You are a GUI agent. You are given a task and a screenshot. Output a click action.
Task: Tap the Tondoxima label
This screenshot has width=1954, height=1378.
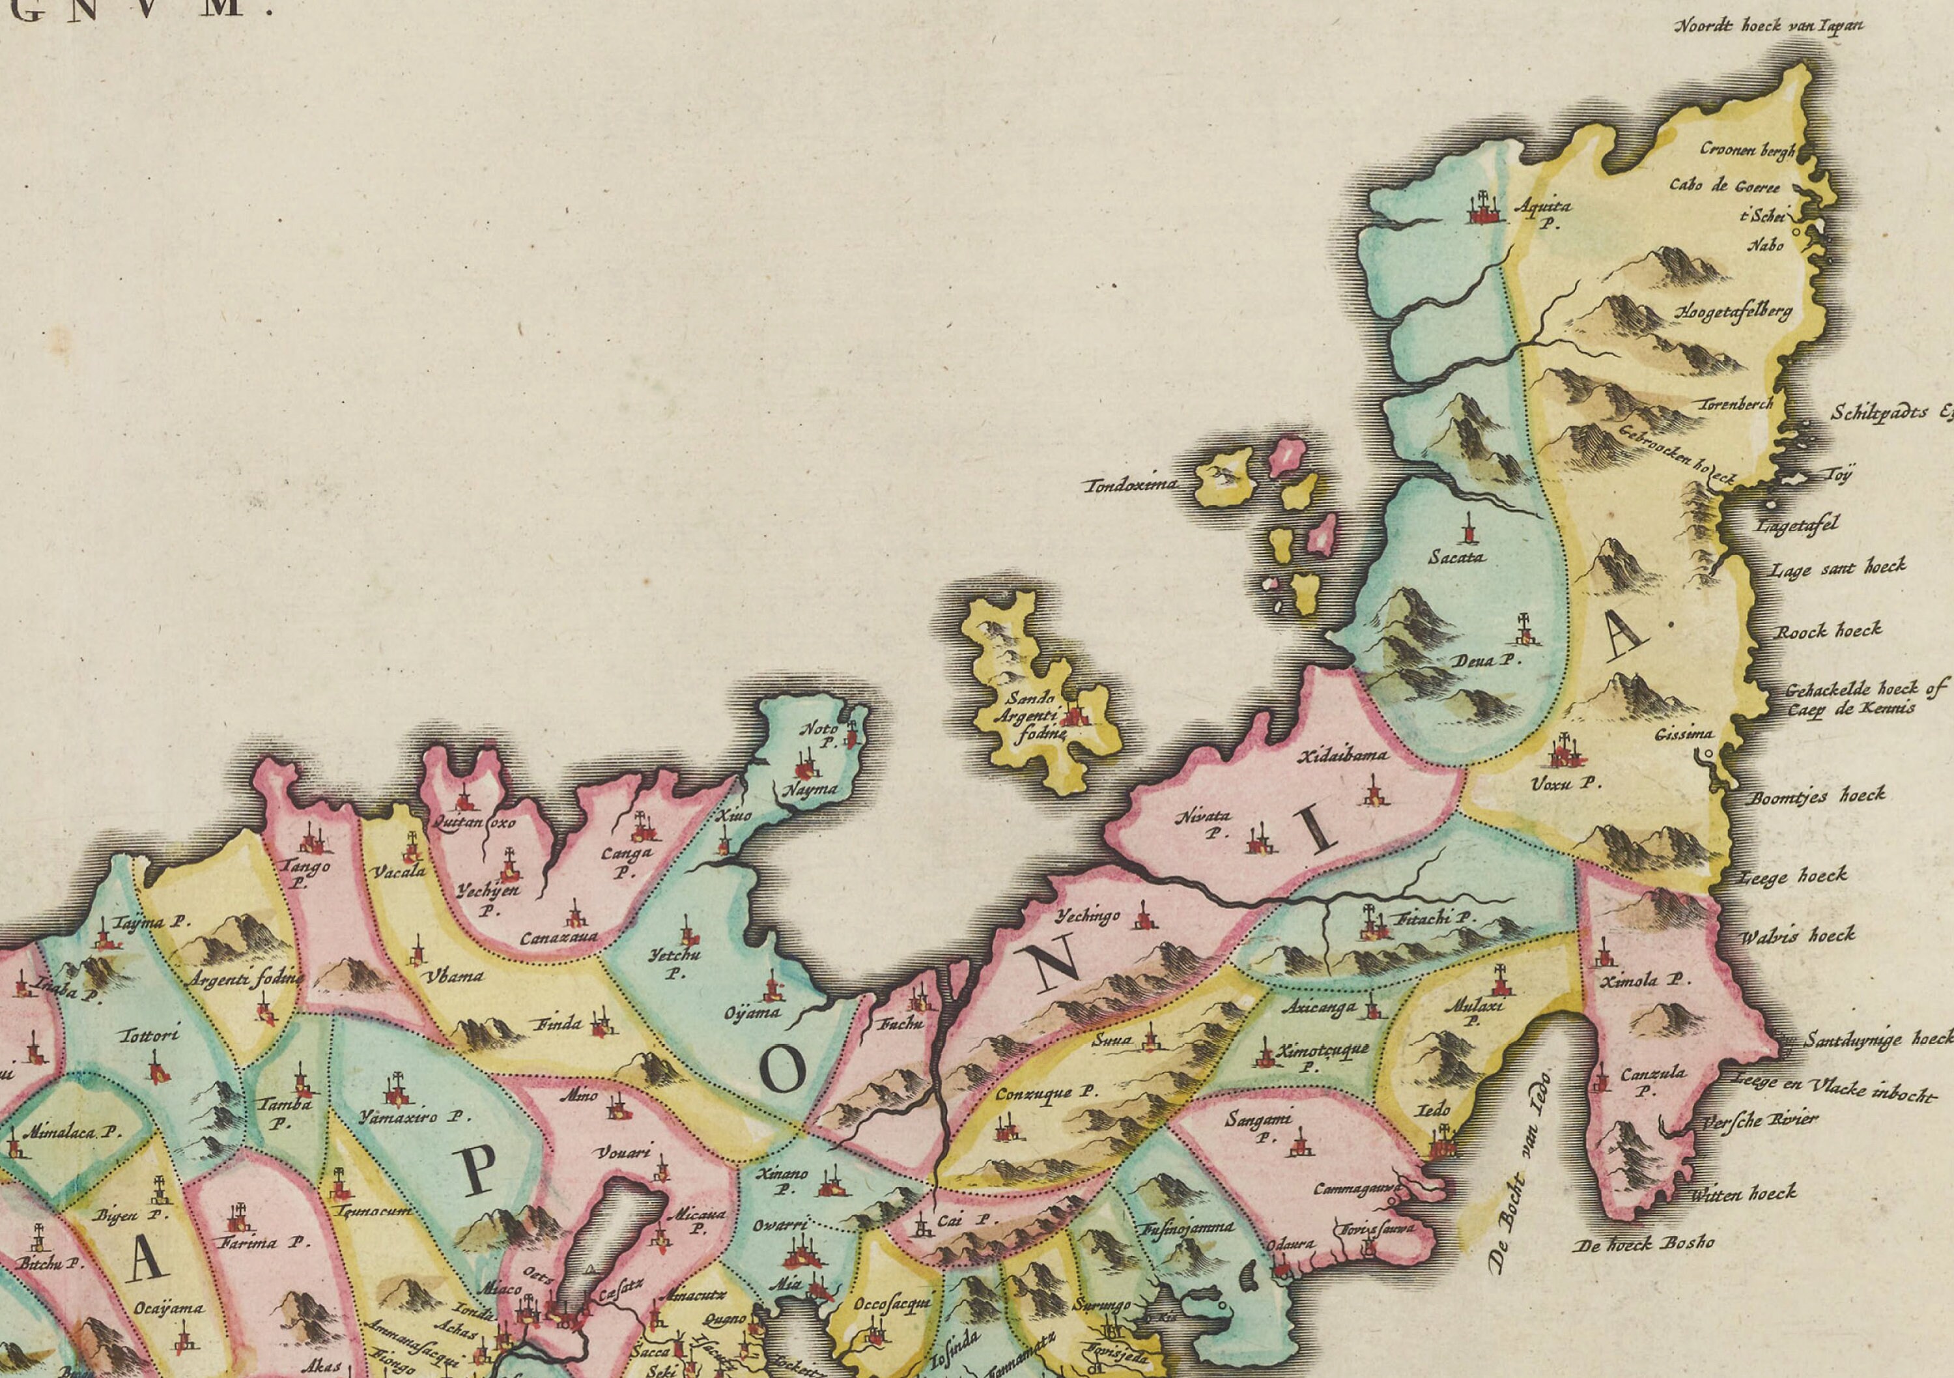pos(1131,485)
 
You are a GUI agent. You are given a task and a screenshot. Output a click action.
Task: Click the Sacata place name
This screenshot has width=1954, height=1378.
pos(1457,558)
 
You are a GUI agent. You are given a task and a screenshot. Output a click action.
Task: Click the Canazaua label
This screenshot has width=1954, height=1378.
pos(559,937)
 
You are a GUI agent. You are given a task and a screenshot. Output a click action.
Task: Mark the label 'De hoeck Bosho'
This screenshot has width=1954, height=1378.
pos(1643,1244)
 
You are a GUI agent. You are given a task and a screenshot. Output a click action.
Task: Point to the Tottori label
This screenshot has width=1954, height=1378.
pos(150,1036)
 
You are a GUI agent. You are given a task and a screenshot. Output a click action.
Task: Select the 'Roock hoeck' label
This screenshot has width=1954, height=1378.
pos(1827,631)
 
